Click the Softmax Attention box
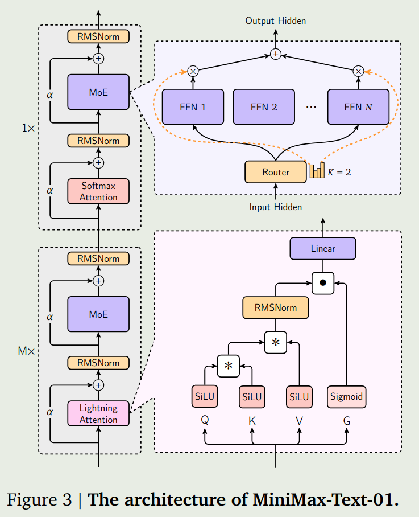[x=98, y=191]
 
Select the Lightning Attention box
[x=98, y=413]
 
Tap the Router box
[x=276, y=172]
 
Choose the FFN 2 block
[x=263, y=106]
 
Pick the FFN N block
[x=358, y=106]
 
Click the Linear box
[x=323, y=248]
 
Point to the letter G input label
[x=346, y=421]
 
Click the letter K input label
[x=252, y=421]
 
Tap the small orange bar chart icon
[x=316, y=171]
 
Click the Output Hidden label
[x=276, y=21]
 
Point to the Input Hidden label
[x=276, y=207]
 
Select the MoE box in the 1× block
[x=98, y=92]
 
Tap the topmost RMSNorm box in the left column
[x=98, y=36]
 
